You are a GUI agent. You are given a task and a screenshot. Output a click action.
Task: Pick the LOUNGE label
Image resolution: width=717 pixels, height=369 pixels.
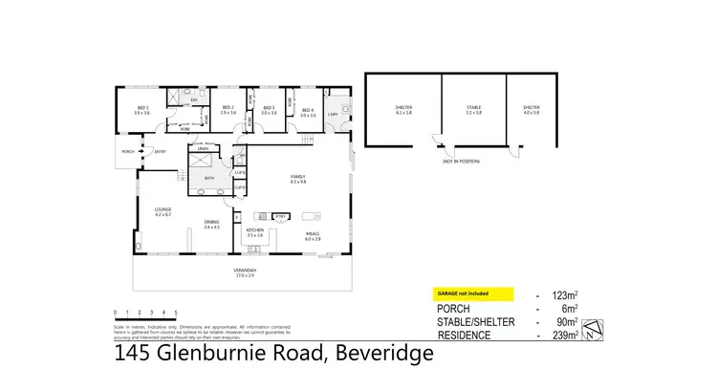click(x=163, y=211)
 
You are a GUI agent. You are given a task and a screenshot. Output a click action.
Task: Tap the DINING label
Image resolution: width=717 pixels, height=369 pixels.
click(x=211, y=224)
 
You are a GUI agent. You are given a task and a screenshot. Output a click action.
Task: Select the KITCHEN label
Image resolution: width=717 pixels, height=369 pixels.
click(x=255, y=231)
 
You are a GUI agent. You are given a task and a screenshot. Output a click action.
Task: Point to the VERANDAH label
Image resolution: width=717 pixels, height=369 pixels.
click(x=246, y=271)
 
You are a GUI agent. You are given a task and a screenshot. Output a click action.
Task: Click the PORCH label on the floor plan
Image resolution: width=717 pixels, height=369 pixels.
click(x=127, y=151)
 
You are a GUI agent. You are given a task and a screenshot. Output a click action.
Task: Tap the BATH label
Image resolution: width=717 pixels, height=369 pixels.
click(x=209, y=179)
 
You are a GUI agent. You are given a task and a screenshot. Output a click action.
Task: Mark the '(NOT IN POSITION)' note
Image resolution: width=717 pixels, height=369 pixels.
click(x=460, y=163)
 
